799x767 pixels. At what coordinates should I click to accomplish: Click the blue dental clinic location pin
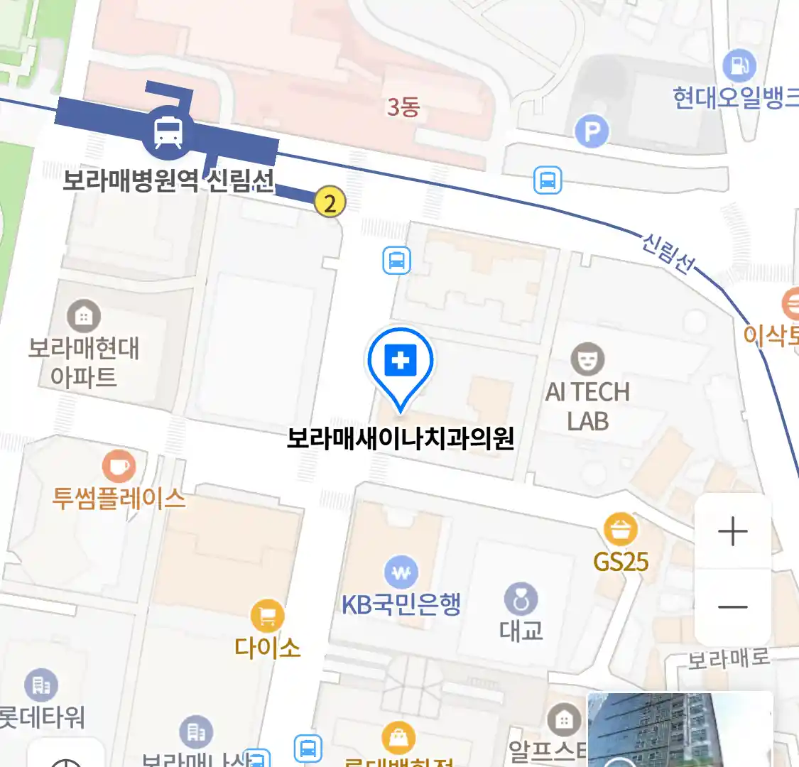[401, 363]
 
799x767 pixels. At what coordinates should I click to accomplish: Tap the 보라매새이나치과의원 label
[400, 438]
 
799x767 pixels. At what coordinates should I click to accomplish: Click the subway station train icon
[168, 131]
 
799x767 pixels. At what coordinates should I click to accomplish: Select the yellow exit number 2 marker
[330, 202]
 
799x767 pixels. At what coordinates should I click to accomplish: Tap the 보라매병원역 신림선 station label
[168, 180]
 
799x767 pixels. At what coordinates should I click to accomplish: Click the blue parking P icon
[592, 131]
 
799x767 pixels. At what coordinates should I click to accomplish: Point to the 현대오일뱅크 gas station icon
[739, 66]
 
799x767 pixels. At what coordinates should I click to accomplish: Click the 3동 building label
[403, 107]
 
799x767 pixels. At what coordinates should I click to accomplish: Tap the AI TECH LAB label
[587, 406]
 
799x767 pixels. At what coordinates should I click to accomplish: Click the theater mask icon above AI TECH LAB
[587, 359]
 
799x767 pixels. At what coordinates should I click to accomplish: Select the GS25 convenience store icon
[620, 530]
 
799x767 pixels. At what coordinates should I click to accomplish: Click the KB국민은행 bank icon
[401, 572]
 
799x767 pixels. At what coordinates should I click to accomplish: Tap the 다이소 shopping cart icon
[267, 616]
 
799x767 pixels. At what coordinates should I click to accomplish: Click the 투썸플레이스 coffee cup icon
[119, 467]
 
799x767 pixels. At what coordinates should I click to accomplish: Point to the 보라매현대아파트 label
[84, 362]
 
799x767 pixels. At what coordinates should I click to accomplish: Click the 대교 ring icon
[521, 600]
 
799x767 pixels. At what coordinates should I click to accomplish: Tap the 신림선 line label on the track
[668, 253]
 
